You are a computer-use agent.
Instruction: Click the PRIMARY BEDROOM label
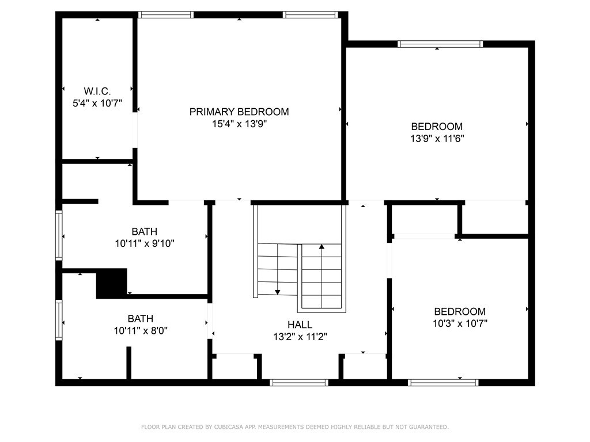[239, 112]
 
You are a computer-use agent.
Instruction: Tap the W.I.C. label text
[97, 91]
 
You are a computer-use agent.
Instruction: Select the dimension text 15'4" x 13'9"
[239, 124]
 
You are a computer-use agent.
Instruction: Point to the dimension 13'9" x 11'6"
[437, 138]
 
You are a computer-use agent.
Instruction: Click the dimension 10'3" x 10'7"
[460, 323]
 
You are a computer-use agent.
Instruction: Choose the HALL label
[300, 325]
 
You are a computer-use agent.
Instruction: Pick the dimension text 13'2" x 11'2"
[300, 337]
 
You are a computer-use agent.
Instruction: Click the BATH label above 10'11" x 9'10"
[144, 231]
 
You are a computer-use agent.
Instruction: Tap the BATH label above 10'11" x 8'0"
[141, 318]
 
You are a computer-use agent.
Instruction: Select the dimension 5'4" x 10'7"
[97, 103]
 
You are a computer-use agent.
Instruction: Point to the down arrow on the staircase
[278, 291]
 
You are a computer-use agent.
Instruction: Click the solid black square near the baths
[111, 283]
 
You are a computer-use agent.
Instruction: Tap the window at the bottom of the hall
[299, 382]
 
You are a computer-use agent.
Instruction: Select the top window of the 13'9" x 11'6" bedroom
[440, 44]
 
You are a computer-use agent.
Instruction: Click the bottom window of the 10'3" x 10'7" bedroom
[443, 382]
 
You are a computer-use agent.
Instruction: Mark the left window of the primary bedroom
[166, 15]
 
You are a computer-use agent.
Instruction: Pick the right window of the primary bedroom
[310, 15]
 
